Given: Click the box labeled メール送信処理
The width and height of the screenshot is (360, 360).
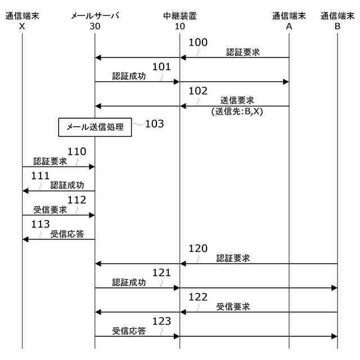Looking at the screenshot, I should (95, 127).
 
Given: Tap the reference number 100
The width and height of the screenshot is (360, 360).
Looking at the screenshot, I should (197, 43).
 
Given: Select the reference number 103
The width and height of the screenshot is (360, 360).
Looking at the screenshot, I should (154, 124).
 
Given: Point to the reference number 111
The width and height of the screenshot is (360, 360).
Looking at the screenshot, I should (40, 175).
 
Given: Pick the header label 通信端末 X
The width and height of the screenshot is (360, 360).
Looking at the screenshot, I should (22, 21).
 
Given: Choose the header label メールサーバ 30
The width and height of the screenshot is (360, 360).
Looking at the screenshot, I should (95, 21).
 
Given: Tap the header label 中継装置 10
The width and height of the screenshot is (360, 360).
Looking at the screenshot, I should (180, 21).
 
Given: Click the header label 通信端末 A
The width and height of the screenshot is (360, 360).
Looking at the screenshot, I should (289, 21).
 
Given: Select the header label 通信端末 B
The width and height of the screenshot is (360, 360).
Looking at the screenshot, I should (337, 21).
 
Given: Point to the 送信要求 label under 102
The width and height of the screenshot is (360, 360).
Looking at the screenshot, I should (237, 100).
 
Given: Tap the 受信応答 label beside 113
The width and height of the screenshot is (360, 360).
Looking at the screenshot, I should (67, 233).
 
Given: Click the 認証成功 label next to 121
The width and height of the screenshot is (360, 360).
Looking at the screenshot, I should (129, 282).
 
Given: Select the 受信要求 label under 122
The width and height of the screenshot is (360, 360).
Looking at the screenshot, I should (233, 307).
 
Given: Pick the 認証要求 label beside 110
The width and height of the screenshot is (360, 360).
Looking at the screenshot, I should (50, 161).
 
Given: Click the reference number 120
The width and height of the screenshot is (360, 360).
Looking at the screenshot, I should (197, 248).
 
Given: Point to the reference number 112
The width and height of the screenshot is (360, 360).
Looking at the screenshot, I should (76, 200).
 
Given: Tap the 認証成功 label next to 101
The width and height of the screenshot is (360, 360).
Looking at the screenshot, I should (129, 76).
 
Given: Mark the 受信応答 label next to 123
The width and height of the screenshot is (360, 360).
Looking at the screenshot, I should (129, 331).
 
